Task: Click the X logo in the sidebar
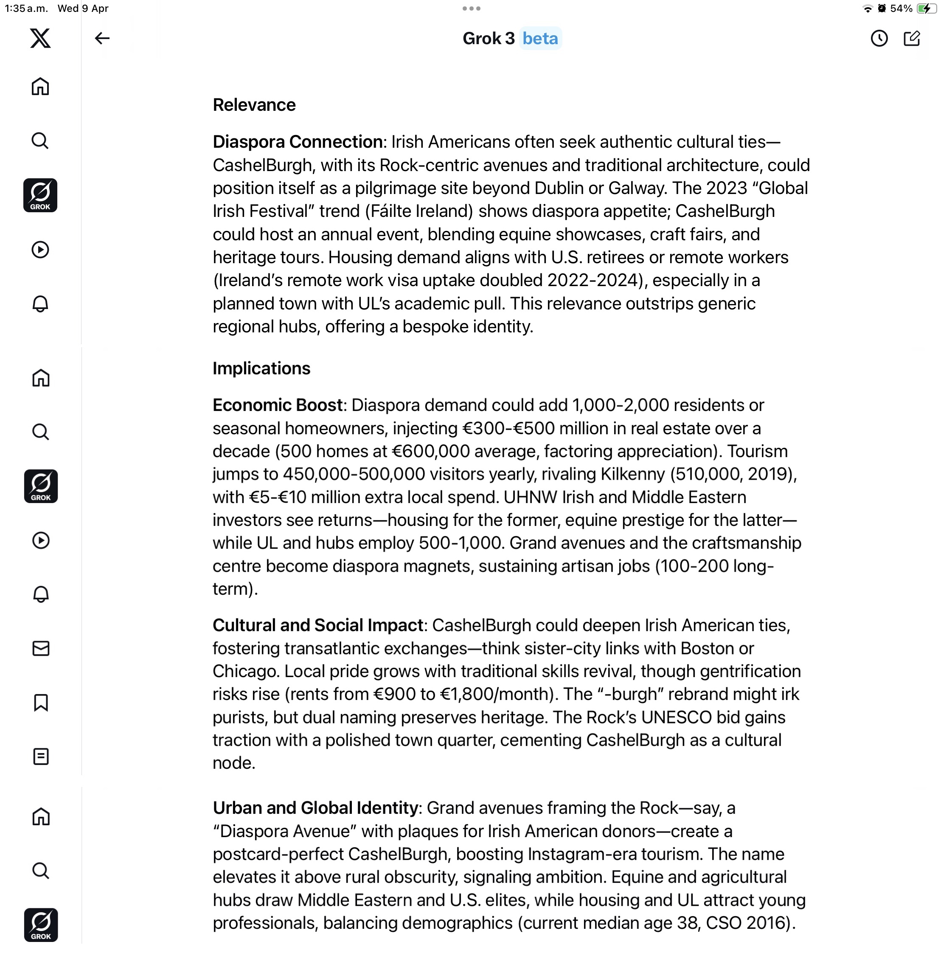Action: tap(40, 38)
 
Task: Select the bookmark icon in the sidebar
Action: tap(41, 702)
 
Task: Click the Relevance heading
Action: tap(254, 104)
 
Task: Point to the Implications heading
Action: tap(261, 368)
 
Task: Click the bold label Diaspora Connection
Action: tap(298, 141)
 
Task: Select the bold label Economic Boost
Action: tap(277, 405)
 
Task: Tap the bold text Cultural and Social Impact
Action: tap(318, 625)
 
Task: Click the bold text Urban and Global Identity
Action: tap(315, 808)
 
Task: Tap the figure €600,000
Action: tap(427, 451)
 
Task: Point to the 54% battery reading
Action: tap(901, 8)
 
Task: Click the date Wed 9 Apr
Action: tap(83, 8)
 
